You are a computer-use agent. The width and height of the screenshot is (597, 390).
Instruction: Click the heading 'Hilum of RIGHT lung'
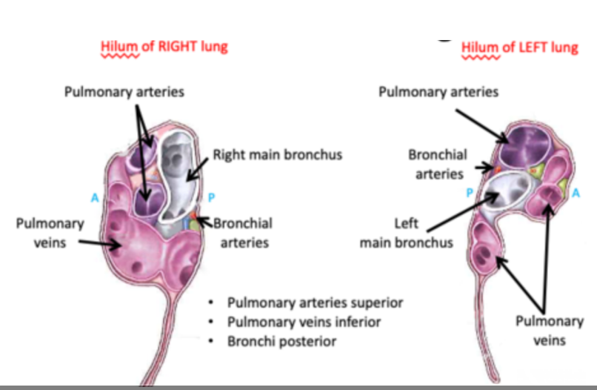pyautogui.click(x=164, y=47)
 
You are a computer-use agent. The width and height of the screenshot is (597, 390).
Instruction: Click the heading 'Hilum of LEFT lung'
pyautogui.click(x=519, y=47)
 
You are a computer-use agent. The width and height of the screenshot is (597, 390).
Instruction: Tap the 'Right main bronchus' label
pyautogui.click(x=277, y=156)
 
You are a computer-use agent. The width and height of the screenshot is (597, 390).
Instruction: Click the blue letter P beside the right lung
pyautogui.click(x=211, y=198)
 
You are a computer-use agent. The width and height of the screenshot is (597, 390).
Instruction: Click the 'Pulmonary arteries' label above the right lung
pyautogui.click(x=124, y=92)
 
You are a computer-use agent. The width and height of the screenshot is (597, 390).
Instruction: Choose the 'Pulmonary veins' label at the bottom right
pyautogui.click(x=550, y=331)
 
